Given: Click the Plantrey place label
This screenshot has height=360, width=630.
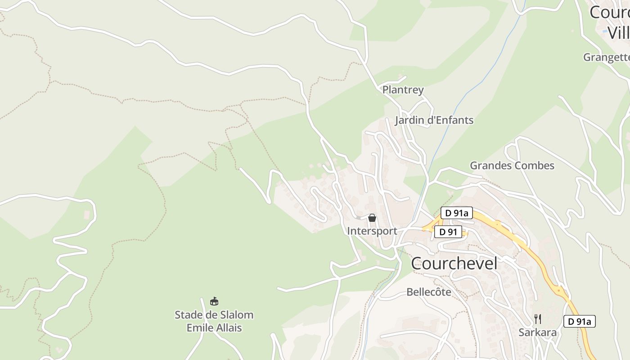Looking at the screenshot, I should click(403, 90).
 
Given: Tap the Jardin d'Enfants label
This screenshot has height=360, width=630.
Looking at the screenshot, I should click(434, 120).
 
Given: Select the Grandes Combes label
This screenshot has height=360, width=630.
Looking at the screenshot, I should click(512, 166).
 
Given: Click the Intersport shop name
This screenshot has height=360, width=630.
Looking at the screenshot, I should click(372, 231).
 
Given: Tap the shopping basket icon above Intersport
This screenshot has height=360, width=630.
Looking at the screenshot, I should click(372, 218).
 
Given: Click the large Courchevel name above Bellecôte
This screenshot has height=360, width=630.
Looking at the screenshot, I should click(454, 264).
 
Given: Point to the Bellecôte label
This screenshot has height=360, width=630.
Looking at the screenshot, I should click(428, 292).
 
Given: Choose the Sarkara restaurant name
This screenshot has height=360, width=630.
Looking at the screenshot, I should click(537, 333).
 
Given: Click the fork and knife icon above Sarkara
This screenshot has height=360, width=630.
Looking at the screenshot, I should click(537, 319).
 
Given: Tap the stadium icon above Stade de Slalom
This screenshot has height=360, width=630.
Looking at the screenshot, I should click(214, 301).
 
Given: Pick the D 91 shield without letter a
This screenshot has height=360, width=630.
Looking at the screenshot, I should click(448, 232).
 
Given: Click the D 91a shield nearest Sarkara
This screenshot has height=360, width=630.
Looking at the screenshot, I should click(579, 321).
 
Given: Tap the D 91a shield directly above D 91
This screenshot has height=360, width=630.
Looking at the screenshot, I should click(456, 213).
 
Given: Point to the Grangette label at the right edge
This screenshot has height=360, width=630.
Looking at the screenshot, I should click(606, 57).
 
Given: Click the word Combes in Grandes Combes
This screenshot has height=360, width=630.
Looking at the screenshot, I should click(535, 166).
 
